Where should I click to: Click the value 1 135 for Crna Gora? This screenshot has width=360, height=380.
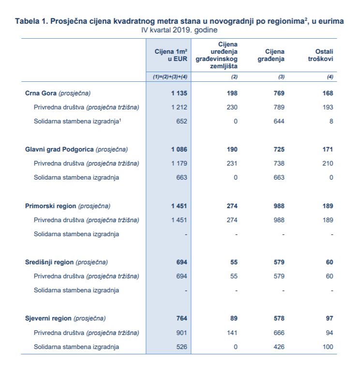coord(179,93)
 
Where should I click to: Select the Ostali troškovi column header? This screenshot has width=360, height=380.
coord(320,55)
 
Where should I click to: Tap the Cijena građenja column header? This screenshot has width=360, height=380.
coord(271,55)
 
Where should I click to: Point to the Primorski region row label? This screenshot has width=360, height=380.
coord(68,206)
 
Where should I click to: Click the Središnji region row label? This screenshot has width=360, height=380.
coord(66,262)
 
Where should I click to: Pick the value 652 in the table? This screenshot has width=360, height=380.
coord(182,121)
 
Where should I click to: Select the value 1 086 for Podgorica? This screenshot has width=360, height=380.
coord(179,149)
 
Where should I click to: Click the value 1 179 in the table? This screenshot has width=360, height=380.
coord(179,163)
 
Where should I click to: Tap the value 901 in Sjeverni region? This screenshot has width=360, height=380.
coord(182,333)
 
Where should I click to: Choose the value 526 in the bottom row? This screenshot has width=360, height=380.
coord(182,347)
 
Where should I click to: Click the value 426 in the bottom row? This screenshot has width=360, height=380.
coord(279,347)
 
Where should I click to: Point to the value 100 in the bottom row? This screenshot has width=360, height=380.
coord(328,347)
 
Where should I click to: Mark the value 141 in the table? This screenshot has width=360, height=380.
coord(232,333)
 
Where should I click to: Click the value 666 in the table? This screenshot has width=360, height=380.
coord(279,333)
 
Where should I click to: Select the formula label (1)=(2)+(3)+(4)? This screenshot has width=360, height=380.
coord(170,77)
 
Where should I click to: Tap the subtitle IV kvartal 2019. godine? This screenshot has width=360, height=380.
coord(179,30)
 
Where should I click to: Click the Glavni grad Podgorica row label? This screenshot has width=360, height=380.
coord(76,149)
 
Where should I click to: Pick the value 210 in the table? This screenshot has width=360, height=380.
coord(328,163)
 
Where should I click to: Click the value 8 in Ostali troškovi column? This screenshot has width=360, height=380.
coord(331,121)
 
